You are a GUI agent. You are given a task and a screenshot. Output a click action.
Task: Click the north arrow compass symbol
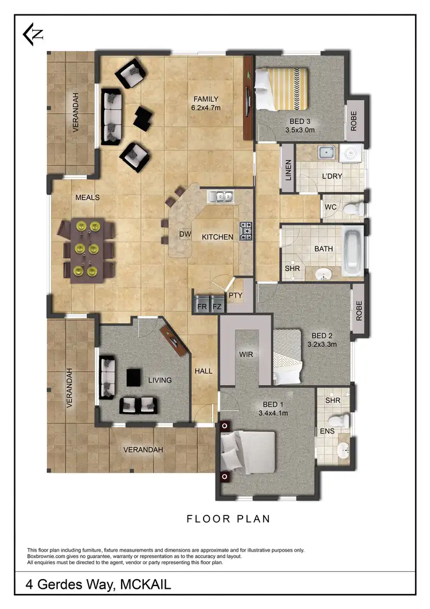click(33, 34)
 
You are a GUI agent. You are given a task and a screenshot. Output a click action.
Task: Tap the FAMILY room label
click(205, 98)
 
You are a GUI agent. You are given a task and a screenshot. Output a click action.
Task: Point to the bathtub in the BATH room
click(351, 250)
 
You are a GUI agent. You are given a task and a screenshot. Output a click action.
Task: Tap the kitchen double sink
click(221, 197)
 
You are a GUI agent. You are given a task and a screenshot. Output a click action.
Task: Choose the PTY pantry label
click(235, 296)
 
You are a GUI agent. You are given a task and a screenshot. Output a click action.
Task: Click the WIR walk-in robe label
click(246, 355)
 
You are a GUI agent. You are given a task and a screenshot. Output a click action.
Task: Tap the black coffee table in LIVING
click(134, 377)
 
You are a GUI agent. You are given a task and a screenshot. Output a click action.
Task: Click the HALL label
click(203, 371)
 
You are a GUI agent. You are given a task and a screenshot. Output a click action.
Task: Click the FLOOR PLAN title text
click(228, 519)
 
